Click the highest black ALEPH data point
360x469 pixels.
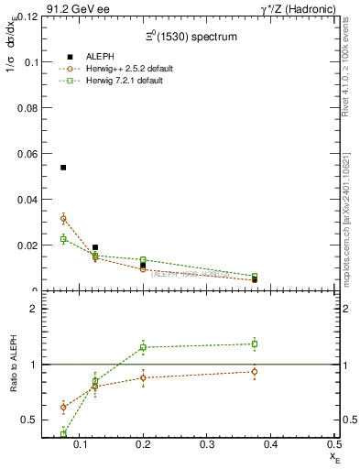pos(63,168)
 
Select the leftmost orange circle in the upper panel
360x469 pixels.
pos(63,218)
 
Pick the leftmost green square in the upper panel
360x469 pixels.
pos(63,239)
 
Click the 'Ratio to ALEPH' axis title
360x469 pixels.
pos(11,365)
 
